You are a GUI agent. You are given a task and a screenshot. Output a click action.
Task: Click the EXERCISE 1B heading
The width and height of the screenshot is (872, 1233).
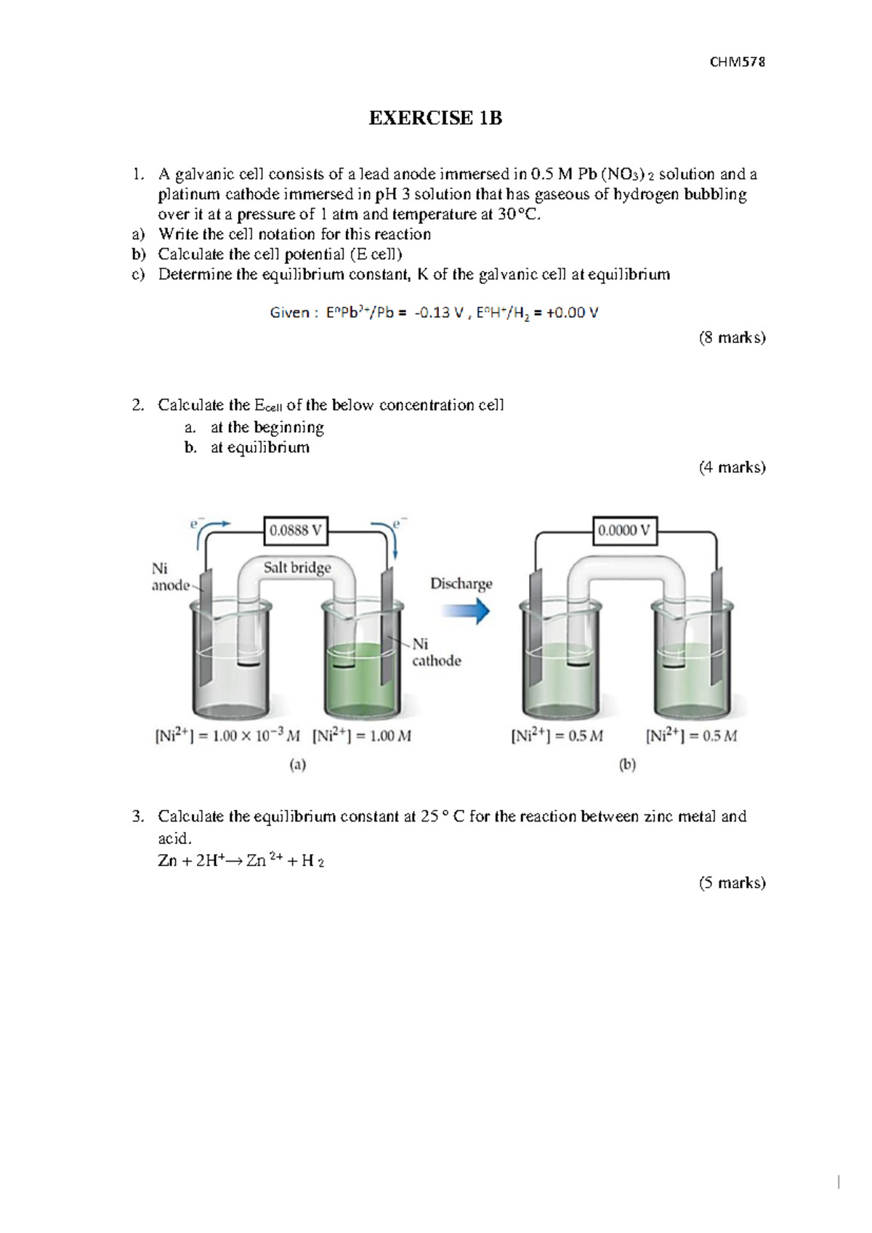click(x=435, y=119)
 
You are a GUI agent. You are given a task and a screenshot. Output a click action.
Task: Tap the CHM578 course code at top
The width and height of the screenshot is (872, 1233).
click(x=737, y=62)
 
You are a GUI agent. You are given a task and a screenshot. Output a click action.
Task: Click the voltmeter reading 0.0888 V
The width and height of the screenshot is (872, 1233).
click(x=295, y=531)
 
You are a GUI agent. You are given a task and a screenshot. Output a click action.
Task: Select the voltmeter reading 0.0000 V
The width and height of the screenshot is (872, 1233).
click(x=623, y=531)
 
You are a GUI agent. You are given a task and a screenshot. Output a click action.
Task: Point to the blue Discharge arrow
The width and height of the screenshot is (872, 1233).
click(x=465, y=611)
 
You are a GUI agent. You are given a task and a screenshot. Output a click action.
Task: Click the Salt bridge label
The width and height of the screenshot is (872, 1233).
click(x=297, y=567)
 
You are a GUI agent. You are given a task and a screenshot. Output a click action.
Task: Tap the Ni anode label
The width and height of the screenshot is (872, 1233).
click(x=170, y=577)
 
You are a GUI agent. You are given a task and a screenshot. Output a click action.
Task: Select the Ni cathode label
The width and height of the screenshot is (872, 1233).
click(x=436, y=652)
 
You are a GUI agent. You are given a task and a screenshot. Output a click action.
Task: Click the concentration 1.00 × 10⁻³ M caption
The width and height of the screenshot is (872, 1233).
click(x=227, y=736)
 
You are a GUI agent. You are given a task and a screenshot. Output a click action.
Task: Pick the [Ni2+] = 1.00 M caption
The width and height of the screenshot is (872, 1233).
click(x=362, y=736)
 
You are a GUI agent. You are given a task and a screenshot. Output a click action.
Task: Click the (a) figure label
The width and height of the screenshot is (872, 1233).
click(x=298, y=764)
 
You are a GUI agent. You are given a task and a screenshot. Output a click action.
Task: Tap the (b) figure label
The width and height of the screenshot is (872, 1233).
click(x=627, y=764)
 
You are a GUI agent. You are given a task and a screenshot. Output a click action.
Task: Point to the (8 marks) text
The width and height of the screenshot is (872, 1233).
click(x=732, y=337)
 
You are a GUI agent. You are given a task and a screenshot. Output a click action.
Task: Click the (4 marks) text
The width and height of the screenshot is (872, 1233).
click(x=732, y=467)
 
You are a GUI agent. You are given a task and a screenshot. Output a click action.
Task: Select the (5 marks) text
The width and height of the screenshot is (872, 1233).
click(x=732, y=883)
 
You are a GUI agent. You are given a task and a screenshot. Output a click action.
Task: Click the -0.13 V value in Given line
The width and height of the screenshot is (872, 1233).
click(x=439, y=313)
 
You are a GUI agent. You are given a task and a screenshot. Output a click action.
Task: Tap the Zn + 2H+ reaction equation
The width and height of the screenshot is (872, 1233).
click(x=241, y=861)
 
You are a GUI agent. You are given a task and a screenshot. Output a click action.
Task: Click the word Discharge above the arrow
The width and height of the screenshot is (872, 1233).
click(x=461, y=584)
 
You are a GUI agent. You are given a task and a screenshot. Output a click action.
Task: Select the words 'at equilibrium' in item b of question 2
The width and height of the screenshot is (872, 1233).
click(x=259, y=447)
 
